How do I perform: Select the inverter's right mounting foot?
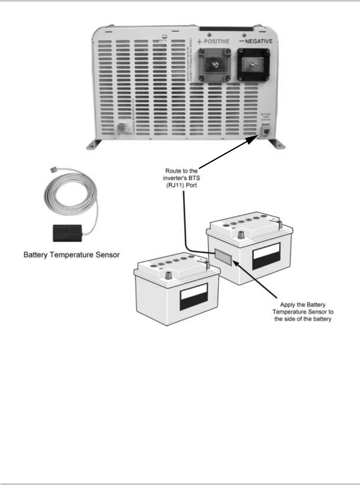click(276, 144)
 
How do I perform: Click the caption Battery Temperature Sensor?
click(71, 255)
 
